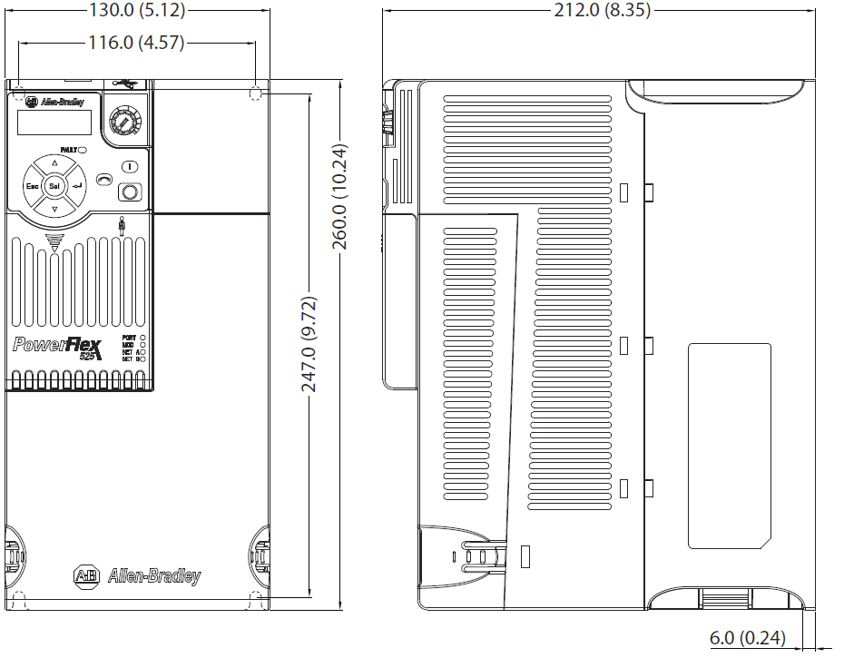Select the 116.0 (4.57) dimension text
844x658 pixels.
click(136, 42)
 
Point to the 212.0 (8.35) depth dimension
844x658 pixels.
click(602, 11)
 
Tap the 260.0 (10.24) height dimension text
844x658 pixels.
click(339, 196)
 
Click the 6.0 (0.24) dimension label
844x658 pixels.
click(747, 638)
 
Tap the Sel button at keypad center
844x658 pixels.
click(54, 186)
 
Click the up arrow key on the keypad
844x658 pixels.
click(54, 163)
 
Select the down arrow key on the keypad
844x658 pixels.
click(54, 210)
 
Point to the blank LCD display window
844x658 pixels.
click(54, 123)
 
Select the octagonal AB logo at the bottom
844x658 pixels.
click(86, 575)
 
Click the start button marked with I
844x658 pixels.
click(131, 167)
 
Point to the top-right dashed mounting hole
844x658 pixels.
click(255, 93)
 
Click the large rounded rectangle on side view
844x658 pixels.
click(729, 446)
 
